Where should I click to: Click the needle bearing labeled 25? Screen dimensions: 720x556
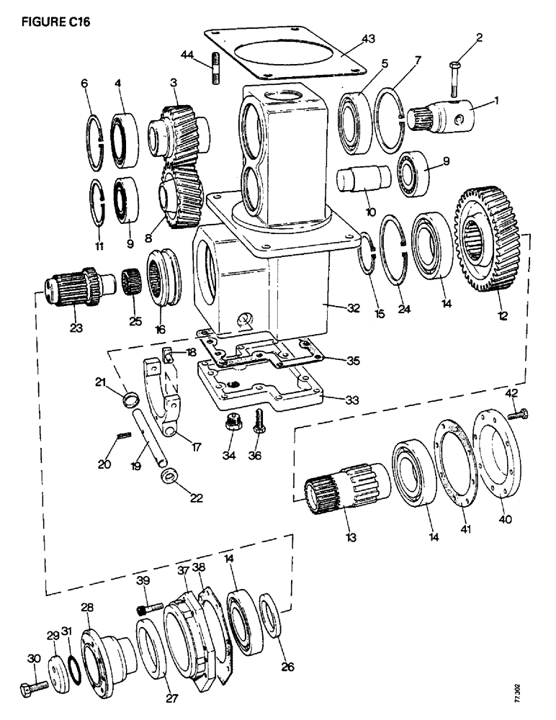tap(130, 277)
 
